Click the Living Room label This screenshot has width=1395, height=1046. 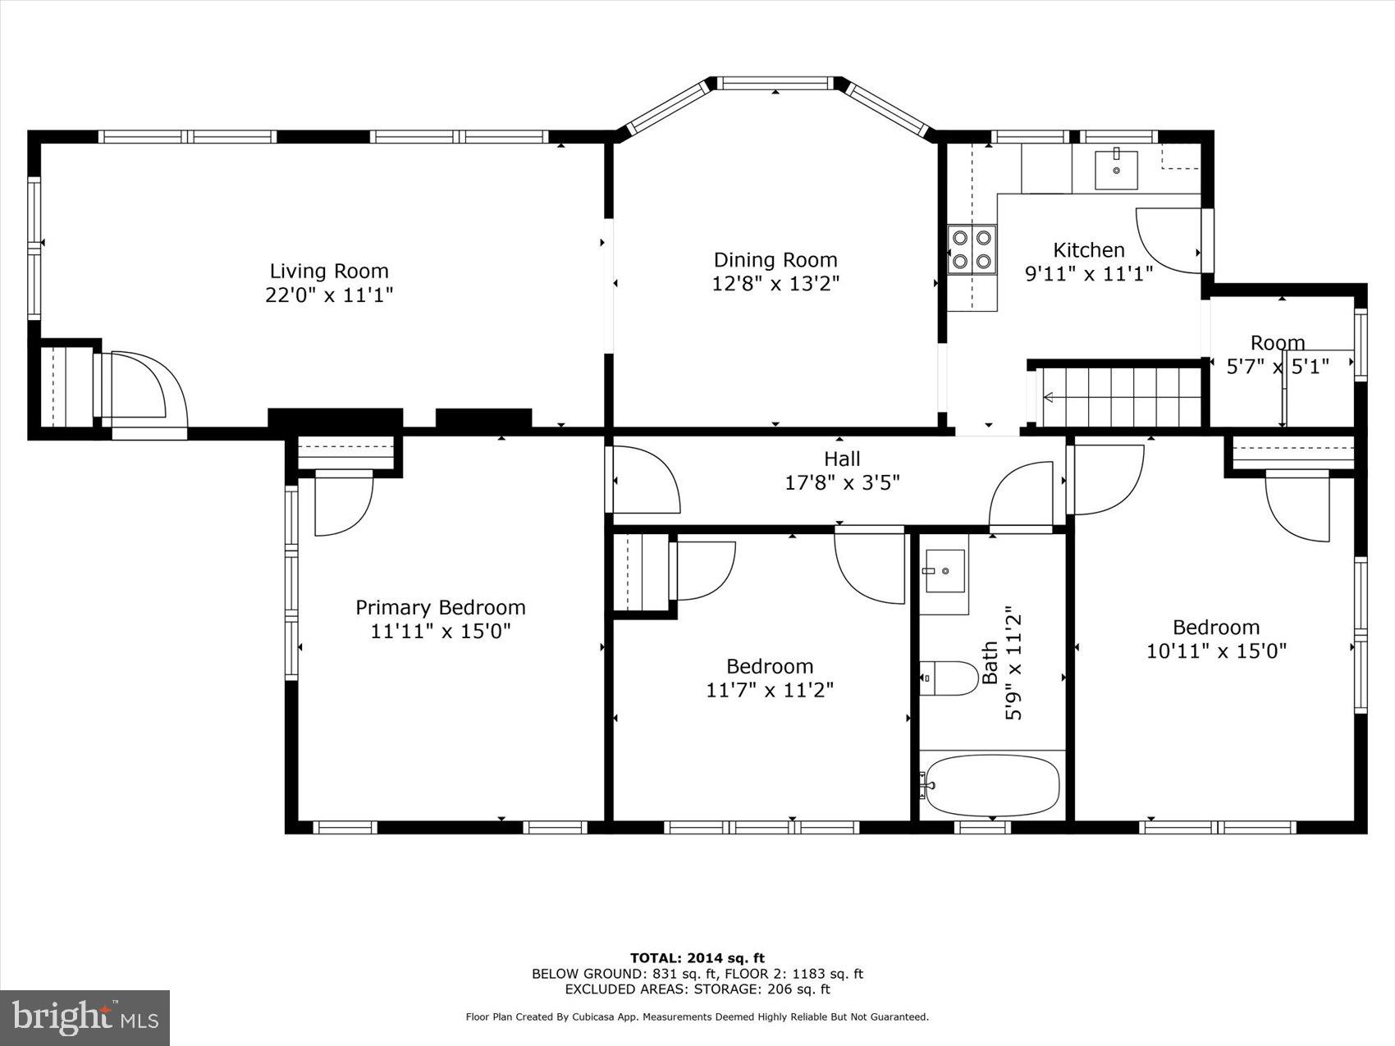pos(329,271)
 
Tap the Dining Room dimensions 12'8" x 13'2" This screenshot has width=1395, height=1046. pos(775,284)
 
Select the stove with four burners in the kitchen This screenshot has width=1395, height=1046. pos(972,249)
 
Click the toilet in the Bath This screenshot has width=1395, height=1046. pos(948,678)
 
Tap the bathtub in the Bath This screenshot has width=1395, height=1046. pos(991,785)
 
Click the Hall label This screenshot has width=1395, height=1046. pos(842,459)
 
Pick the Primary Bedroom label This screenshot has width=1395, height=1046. pos(440,607)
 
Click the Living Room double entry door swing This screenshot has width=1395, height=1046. pos(144,390)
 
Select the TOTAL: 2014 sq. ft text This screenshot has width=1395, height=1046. pos(697,957)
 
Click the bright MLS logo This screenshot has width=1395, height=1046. pos(85,1017)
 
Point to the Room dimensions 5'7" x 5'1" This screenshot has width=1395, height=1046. pos(1277,366)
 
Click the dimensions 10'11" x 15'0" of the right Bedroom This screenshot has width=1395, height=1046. pos(1215,651)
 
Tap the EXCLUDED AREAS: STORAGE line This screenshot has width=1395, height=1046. pos(697,989)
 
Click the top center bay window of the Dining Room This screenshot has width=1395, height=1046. pos(775,83)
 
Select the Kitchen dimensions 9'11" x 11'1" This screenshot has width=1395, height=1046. pos(1089,273)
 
